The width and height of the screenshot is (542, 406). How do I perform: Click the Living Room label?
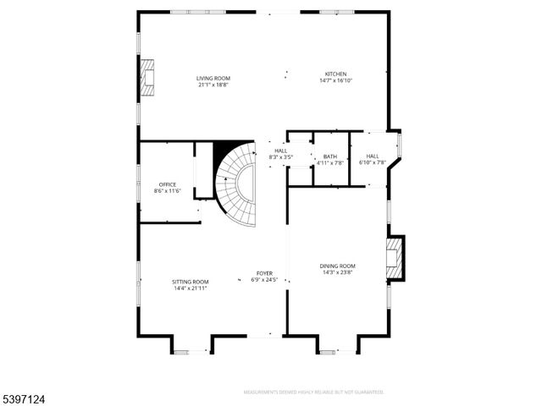coord(213,79)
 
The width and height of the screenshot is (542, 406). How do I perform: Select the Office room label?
coord(168,184)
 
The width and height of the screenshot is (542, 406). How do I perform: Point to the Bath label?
coord(330,156)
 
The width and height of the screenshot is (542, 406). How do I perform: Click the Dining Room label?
coord(337,266)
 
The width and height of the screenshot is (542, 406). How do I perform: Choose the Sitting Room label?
coord(190,282)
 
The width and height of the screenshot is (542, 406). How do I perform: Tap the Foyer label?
coord(265,273)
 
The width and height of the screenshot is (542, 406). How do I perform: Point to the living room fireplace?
coord(148,76)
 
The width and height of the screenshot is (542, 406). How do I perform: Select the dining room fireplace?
coord(395,258)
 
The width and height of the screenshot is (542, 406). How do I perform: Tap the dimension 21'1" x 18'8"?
coord(213,85)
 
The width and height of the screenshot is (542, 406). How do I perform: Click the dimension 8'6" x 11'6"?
coord(168,190)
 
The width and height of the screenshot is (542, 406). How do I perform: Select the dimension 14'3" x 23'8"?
coord(337,272)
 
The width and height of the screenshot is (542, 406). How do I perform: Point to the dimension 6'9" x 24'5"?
coord(265,280)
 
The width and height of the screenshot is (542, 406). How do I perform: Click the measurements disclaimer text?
coord(313,392)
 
